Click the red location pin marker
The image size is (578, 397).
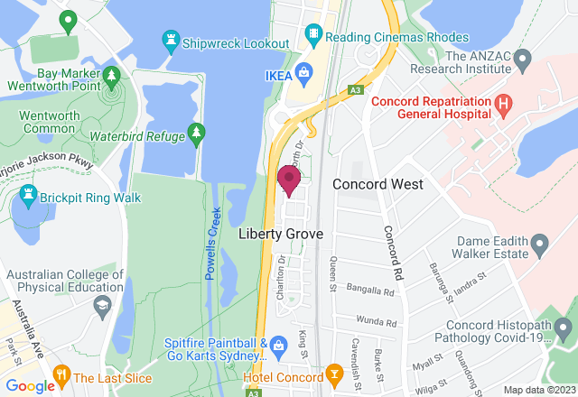289,179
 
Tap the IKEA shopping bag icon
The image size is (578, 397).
304,72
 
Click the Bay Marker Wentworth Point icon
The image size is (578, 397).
112,75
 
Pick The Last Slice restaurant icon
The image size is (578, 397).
61,373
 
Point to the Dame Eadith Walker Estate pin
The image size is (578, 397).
540,243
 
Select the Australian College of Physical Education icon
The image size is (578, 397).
102,307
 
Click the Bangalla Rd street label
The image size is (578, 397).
378,292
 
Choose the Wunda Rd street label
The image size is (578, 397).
378,322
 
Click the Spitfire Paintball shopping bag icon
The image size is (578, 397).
279,343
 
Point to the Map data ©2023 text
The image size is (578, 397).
538,390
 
